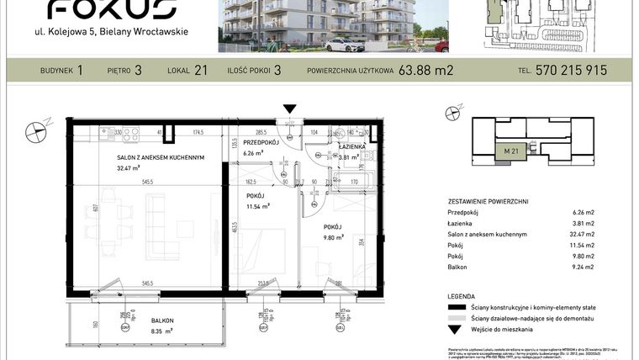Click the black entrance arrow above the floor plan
(290, 109)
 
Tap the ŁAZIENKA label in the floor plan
(351, 146)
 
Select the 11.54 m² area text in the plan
(256, 206)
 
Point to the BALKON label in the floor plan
(162, 321)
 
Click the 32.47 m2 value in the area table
(581, 234)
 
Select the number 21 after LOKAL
(201, 71)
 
